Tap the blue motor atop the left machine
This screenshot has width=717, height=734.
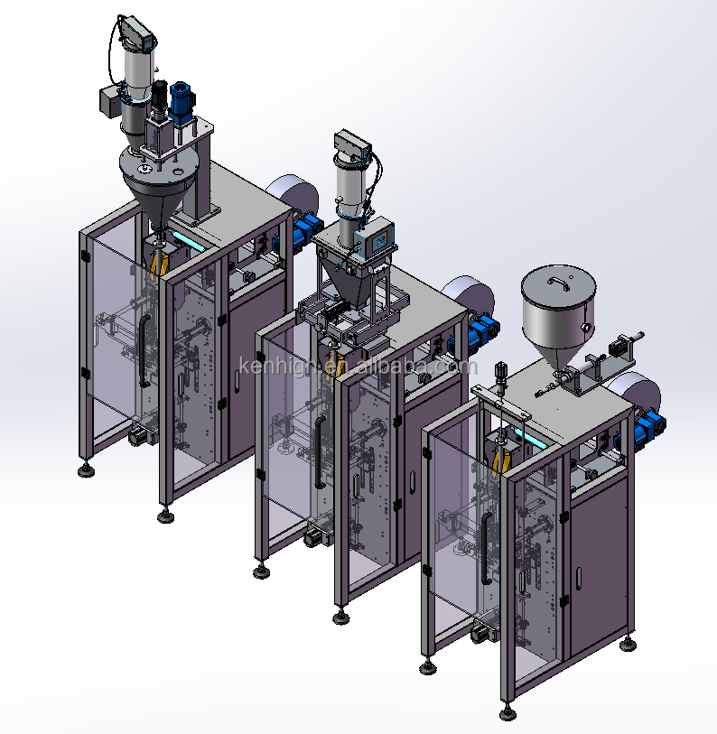(x=182, y=103)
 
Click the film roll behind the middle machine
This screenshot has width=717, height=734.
(x=470, y=294)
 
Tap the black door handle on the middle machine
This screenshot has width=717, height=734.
(x=320, y=452)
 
